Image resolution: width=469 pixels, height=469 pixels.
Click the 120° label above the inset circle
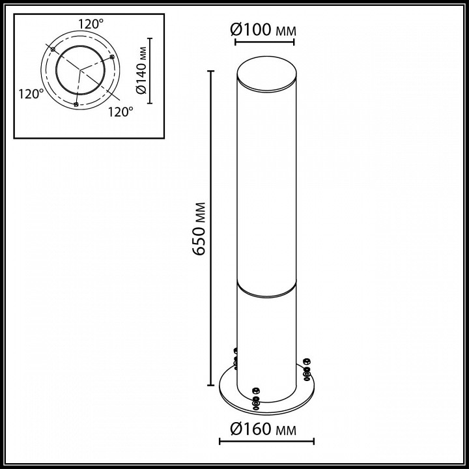click(91, 23)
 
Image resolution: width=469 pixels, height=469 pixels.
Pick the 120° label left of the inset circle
click(31, 94)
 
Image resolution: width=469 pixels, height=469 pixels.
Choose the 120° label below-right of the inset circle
click(120, 111)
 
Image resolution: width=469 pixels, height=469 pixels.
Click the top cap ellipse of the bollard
click(264, 74)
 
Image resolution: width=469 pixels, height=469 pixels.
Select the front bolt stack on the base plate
click(255, 399)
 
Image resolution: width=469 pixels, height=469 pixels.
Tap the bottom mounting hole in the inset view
click(76, 104)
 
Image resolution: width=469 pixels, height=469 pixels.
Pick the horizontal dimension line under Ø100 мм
click(264, 42)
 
